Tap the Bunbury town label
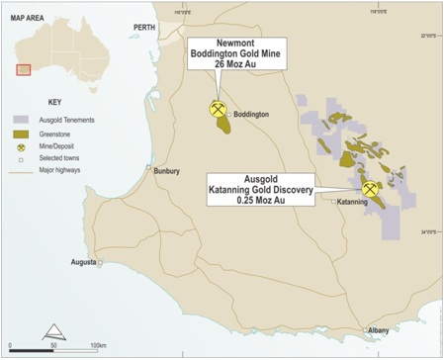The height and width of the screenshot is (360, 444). tap(166, 171)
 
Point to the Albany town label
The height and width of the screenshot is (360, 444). tap(379, 329)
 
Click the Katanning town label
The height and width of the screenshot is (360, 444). tap(352, 202)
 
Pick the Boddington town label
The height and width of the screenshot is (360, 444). tap(251, 115)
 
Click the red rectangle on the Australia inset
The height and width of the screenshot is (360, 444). tap(24, 69)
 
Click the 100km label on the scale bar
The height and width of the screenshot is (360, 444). tap(98, 345)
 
